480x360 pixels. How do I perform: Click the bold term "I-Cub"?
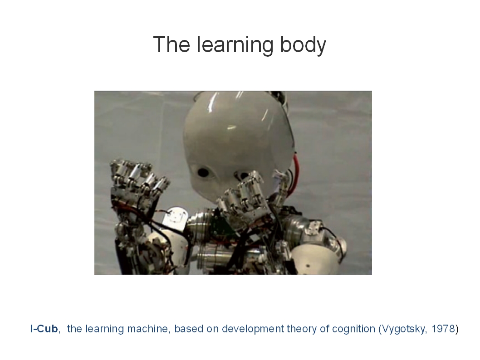point(44,329)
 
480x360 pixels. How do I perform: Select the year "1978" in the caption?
point(443,329)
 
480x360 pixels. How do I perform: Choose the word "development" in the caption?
point(253,330)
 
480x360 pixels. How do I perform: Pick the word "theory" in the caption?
point(302,330)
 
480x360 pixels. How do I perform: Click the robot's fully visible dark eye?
point(203,173)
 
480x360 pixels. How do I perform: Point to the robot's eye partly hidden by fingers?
point(243,176)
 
